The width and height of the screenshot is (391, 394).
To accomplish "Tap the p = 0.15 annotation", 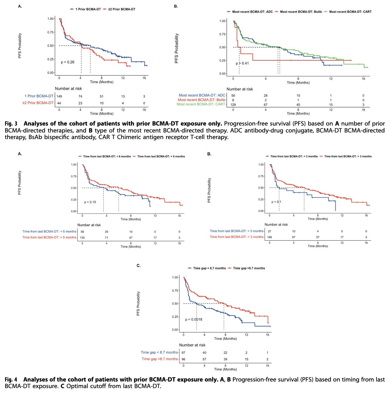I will point(90,202).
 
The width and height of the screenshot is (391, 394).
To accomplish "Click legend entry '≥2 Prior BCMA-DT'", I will point(119,9).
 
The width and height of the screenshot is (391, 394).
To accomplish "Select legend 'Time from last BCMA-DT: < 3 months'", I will point(294,156).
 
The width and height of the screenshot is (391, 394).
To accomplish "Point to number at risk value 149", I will point(59,96).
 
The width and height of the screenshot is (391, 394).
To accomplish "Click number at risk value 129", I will point(233,104).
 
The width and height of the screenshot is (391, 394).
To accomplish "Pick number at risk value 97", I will point(183,353).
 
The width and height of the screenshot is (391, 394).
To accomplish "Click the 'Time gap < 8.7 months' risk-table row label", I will point(159,353).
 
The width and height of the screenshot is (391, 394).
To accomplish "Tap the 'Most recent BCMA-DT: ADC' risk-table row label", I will point(202,95).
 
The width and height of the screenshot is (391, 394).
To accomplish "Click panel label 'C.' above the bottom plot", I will point(138,266).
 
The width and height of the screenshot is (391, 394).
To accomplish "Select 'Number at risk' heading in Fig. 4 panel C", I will point(192,345).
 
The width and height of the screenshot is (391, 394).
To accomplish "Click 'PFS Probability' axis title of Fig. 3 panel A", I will point(20,45).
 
